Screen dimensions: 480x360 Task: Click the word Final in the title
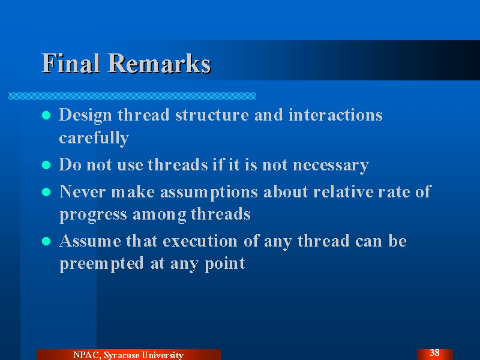pyautogui.click(x=71, y=63)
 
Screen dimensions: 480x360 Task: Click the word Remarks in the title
pyautogui.click(x=159, y=63)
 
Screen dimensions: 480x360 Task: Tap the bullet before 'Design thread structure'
pyautogui.click(x=46, y=115)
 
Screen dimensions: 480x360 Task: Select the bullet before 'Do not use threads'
pyautogui.click(x=46, y=165)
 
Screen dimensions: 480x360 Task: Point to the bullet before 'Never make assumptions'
pyautogui.click(x=46, y=192)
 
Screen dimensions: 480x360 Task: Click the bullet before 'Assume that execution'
pyautogui.click(x=46, y=241)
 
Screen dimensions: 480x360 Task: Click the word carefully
pyautogui.click(x=94, y=138)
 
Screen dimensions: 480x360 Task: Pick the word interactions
pyautogui.click(x=335, y=115)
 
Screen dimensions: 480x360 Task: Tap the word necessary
pyautogui.click(x=331, y=166)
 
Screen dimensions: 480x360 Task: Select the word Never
pyautogui.click(x=82, y=191)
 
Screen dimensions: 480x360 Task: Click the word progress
pyautogui.click(x=93, y=215)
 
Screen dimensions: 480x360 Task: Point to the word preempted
pyautogui.click(x=101, y=263)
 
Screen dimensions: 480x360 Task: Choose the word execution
pyautogui.click(x=200, y=241)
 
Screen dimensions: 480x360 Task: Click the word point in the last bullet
pyautogui.click(x=224, y=263)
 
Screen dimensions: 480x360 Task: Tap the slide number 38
pyautogui.click(x=434, y=353)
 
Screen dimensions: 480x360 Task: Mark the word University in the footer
pyautogui.click(x=163, y=355)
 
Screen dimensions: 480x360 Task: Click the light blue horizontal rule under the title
pyautogui.click(x=131, y=96)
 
